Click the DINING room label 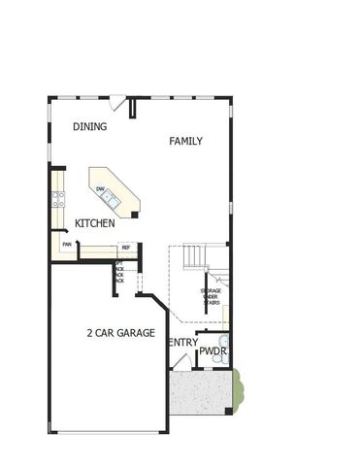pos(89,127)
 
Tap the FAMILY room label pos(185,142)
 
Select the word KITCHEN pos(95,223)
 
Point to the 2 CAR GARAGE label pos(120,333)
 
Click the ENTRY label pos(182,343)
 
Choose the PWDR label pos(213,350)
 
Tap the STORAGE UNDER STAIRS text pos(211,295)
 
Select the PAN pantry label pos(67,245)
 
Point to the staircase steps pos(195,257)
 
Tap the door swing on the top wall pos(116,100)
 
